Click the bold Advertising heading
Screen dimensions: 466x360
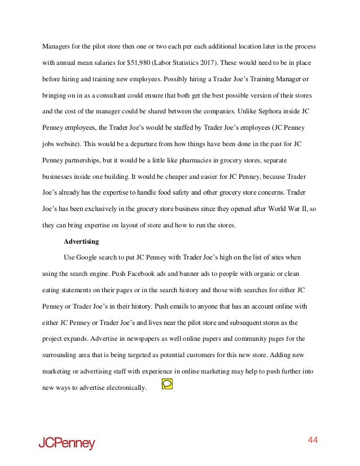click(x=82, y=242)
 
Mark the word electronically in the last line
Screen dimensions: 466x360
click(x=121, y=388)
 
